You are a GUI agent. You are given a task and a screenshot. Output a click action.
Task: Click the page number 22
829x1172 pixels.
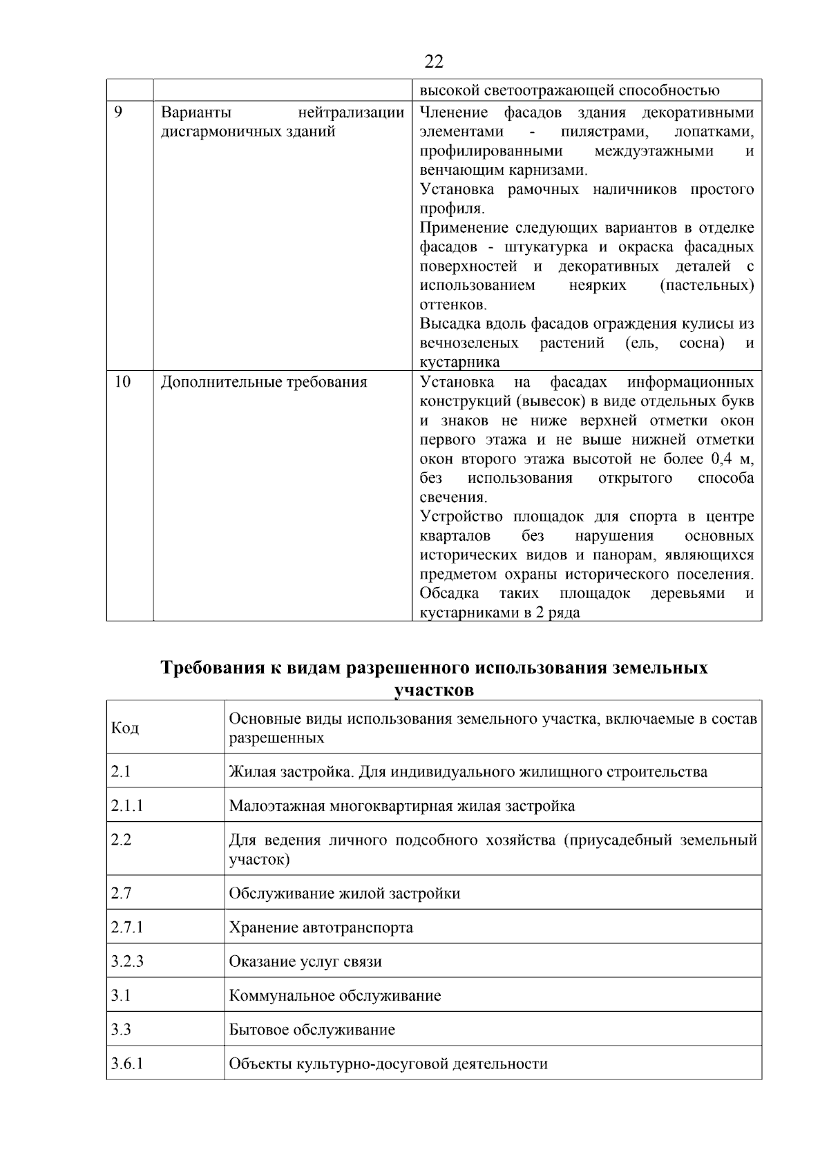click(x=433, y=61)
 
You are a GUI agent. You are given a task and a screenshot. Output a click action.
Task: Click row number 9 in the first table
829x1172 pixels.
click(x=117, y=112)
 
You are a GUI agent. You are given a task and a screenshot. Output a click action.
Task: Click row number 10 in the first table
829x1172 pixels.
click(x=122, y=381)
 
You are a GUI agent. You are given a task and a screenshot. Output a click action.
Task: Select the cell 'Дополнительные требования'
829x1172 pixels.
click(x=263, y=382)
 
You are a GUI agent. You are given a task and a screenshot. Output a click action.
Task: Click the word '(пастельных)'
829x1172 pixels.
click(x=706, y=285)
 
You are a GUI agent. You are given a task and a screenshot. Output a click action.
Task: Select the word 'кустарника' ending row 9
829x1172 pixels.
click(x=459, y=362)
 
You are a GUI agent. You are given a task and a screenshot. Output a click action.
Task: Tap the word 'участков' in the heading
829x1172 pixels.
click(x=433, y=689)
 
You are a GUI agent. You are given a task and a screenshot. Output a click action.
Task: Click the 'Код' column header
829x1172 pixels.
click(x=124, y=728)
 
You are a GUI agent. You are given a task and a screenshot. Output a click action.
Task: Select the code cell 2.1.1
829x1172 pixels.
click(x=126, y=805)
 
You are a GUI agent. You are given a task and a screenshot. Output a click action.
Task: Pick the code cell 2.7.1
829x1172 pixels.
click(x=126, y=927)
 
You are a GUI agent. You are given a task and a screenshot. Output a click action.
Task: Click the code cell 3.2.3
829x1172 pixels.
click(x=126, y=961)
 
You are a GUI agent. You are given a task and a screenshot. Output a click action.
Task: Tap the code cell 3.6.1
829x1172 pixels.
click(x=126, y=1063)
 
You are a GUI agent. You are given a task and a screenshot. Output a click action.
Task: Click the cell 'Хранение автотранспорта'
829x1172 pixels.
click(x=321, y=927)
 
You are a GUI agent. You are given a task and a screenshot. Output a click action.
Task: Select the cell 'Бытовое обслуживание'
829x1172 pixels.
click(x=312, y=1029)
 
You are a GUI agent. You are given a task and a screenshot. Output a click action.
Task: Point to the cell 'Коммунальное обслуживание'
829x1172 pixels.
click(x=334, y=995)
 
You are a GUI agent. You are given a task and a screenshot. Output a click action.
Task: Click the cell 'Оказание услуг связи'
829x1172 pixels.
click(x=305, y=961)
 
